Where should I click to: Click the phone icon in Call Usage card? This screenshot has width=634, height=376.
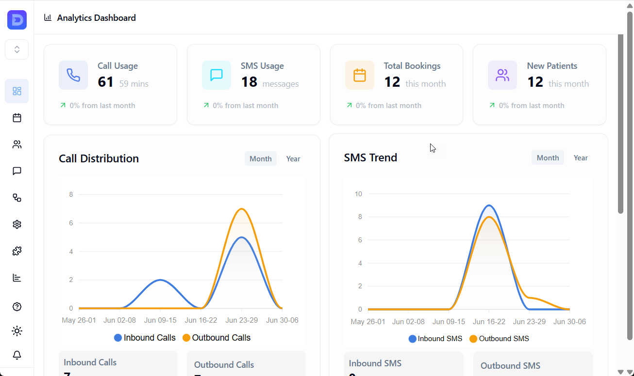click(x=73, y=75)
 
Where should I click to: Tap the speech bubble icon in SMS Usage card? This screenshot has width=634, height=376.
click(x=217, y=75)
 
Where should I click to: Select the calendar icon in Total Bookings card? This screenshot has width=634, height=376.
click(x=360, y=75)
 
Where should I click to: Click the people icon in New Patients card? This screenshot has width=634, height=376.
click(x=502, y=75)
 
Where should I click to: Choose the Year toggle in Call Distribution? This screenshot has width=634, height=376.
click(x=293, y=159)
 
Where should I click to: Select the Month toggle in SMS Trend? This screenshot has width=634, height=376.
click(x=548, y=158)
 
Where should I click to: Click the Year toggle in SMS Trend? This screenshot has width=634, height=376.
click(x=581, y=158)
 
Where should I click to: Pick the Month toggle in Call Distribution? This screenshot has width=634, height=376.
click(x=261, y=159)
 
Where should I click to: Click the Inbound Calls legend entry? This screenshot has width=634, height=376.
click(x=145, y=338)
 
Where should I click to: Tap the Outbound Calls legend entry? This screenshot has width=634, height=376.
click(x=217, y=338)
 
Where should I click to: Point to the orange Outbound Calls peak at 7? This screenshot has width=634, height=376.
click(x=241, y=209)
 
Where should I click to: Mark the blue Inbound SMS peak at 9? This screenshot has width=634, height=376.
click(x=489, y=205)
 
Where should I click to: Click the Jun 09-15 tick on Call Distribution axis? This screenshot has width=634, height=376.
click(x=160, y=320)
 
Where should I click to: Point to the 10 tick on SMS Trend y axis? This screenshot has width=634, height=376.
click(x=358, y=194)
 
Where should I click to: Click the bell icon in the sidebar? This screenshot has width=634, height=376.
click(x=17, y=355)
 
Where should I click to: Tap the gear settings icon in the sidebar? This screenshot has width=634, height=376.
click(x=17, y=224)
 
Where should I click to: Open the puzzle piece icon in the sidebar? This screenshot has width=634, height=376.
click(x=17, y=251)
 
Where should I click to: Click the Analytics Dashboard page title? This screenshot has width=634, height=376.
click(x=96, y=18)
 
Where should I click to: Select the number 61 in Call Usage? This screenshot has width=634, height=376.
click(x=105, y=82)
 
